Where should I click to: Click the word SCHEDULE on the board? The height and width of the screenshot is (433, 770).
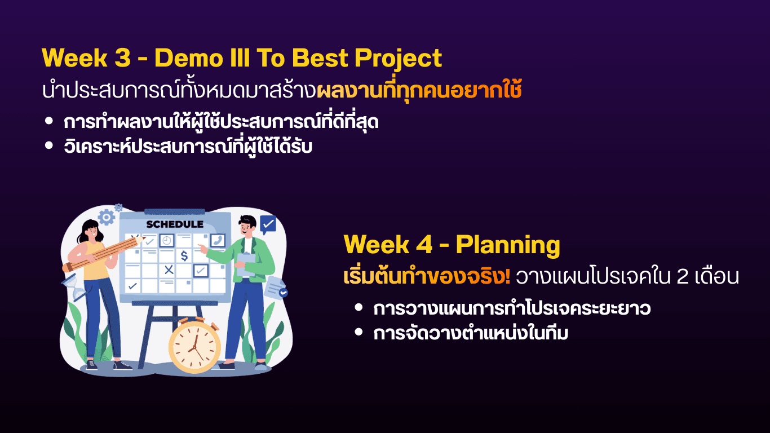click(175, 224)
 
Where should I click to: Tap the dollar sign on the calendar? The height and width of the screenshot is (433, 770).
click(184, 255)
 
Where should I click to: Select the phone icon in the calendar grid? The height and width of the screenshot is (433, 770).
click(218, 240)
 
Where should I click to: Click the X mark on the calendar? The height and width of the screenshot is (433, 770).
click(169, 269)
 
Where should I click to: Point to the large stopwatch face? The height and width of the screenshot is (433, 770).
click(194, 347)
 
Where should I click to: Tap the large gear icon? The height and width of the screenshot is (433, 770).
click(106, 218)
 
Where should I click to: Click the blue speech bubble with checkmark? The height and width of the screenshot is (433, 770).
click(268, 225)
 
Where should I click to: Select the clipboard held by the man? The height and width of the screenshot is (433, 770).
click(246, 265)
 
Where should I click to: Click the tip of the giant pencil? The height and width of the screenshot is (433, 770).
click(144, 238)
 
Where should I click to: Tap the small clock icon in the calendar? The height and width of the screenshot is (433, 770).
click(167, 240)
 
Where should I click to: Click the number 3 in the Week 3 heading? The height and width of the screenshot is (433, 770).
click(122, 58)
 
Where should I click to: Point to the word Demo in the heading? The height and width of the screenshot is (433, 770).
click(189, 58)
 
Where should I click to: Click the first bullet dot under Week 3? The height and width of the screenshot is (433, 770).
click(49, 121)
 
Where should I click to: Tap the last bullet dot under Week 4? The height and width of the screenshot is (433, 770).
click(359, 332)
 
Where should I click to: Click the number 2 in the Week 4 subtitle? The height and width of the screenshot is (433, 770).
click(682, 276)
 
